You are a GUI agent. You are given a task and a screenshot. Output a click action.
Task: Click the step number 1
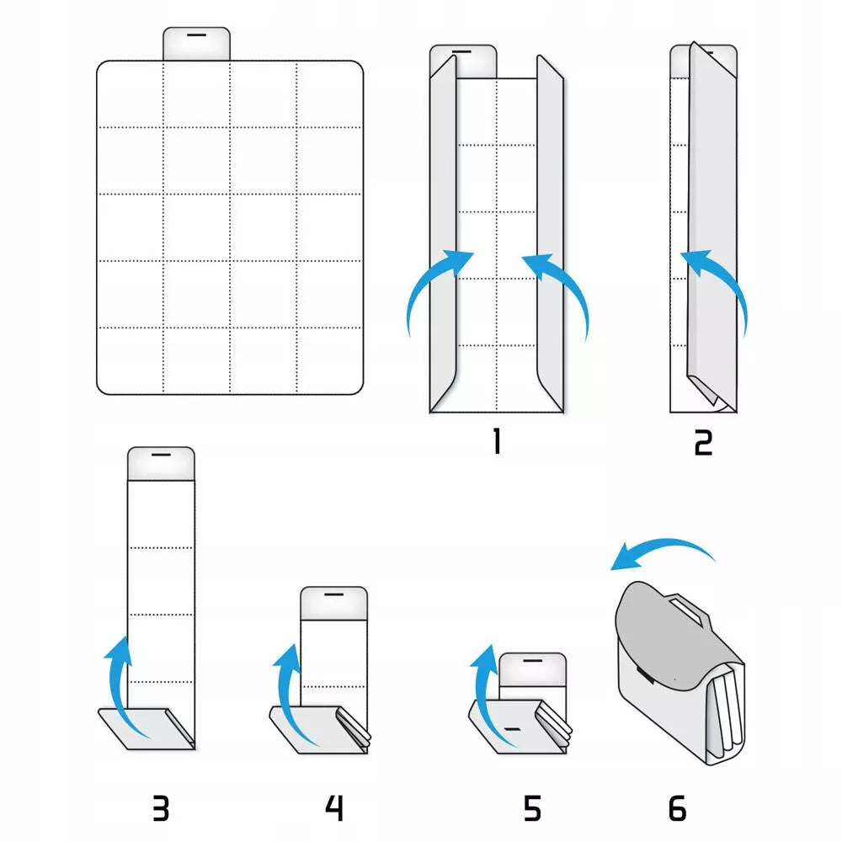point(497,441)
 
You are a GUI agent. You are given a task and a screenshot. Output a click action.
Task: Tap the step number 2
point(703,443)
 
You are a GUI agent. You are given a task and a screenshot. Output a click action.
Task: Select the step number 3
point(161,808)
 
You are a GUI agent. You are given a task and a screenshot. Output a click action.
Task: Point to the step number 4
point(334,808)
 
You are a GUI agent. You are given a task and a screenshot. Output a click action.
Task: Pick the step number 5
point(532,808)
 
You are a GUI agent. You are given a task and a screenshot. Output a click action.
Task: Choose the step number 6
point(677,808)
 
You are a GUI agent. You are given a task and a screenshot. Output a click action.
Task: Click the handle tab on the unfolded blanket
point(196,44)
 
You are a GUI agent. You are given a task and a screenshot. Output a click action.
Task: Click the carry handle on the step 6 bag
point(685,609)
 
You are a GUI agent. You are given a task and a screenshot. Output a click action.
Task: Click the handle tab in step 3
point(161,463)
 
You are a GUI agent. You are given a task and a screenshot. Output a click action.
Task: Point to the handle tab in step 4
point(334,603)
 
